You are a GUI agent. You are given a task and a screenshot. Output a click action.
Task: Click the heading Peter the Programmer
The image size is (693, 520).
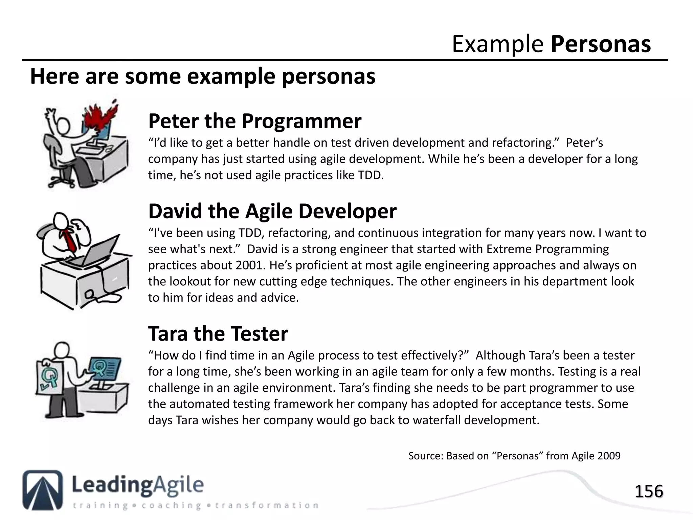point(254,121)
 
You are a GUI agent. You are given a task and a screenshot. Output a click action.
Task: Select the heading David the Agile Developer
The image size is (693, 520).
point(272,211)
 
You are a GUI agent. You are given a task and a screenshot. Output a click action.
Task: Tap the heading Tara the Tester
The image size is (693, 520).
point(218,334)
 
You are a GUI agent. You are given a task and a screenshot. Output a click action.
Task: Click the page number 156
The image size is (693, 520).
point(648,492)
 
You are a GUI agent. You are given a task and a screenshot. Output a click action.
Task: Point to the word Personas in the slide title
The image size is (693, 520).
point(601,44)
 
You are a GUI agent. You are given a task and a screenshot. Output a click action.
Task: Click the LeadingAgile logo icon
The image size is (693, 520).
point(43,490)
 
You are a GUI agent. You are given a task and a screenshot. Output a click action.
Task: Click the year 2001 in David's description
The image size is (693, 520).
point(249,265)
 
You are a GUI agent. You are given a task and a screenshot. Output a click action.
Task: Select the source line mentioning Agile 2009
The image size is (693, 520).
point(514,456)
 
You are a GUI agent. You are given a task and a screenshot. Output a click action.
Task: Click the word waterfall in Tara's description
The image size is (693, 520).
point(437,420)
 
